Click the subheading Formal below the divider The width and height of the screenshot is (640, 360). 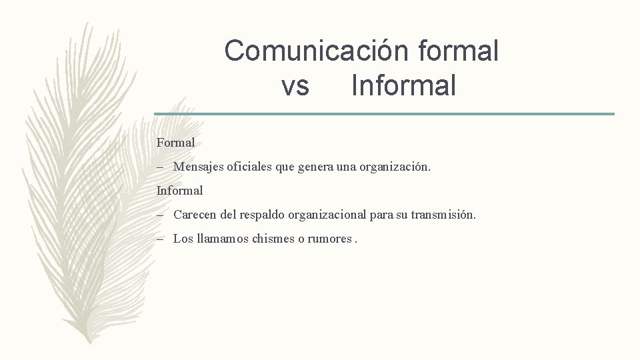click(x=175, y=143)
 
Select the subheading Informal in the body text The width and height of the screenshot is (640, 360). click(x=179, y=191)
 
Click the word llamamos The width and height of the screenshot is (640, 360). click(x=223, y=239)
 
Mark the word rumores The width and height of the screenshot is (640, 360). click(x=328, y=239)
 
